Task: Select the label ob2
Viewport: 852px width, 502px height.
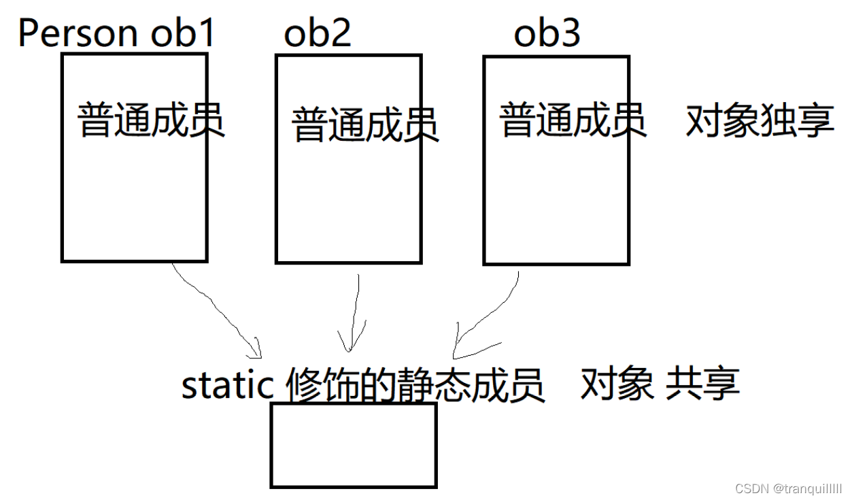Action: (318, 33)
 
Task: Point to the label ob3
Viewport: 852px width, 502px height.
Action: (547, 33)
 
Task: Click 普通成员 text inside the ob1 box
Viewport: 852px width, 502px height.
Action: (151, 120)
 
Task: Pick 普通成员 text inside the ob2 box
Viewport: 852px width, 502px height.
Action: (365, 124)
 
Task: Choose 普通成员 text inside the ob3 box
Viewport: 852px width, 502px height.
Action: (573, 120)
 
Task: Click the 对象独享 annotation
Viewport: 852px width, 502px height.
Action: (760, 121)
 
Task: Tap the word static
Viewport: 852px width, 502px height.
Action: (227, 385)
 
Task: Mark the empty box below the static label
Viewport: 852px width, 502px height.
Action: (354, 445)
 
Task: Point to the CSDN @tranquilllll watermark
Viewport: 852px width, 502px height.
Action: (788, 488)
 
